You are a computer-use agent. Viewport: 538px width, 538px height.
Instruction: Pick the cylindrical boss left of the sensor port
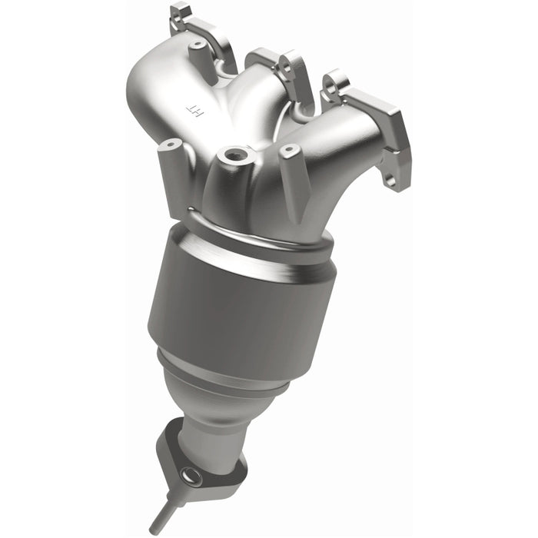click(169, 146)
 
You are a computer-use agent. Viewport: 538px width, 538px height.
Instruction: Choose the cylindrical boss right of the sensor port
click(290, 151)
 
